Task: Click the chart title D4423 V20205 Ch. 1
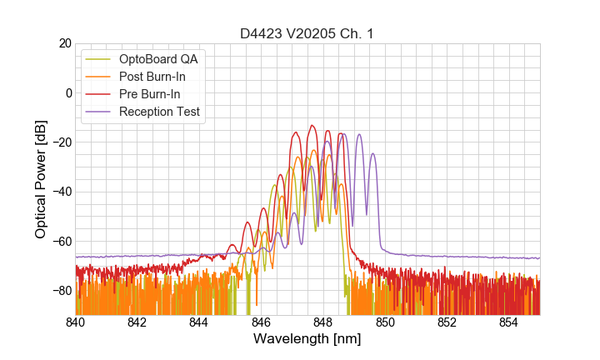pos(307,34)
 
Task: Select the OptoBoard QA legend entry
pos(158,59)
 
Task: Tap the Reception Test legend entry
pos(159,112)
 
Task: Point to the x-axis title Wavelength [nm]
pos(307,339)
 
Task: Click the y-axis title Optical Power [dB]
pos(41,179)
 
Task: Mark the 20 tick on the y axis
pos(62,43)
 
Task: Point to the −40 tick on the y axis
pos(57,192)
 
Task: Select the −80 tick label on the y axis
pos(57,291)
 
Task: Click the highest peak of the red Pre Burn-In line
pos(312,126)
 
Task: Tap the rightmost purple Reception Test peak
pos(372,153)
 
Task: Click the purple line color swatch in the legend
pos(99,112)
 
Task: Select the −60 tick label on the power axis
pos(57,242)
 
